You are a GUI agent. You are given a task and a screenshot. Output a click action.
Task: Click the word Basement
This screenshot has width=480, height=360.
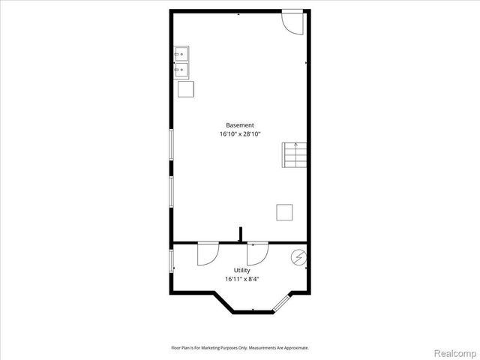[240, 125]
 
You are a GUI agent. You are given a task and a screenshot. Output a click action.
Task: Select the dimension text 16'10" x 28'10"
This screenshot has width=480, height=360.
[240, 133]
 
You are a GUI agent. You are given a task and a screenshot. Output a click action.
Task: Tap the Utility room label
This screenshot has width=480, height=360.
[241, 271]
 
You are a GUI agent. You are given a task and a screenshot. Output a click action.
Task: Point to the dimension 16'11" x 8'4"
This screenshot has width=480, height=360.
[241, 279]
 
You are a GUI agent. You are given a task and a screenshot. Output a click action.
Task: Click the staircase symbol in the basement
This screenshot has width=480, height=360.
[295, 154]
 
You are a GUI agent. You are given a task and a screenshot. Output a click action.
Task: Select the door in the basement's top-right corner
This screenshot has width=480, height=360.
[292, 22]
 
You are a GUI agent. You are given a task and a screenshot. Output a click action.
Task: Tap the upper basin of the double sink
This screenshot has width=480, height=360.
[181, 55]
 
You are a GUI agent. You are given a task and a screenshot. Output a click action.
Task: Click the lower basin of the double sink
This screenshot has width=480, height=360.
[181, 70]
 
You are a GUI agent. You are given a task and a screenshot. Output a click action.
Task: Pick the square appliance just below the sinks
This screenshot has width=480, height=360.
[186, 88]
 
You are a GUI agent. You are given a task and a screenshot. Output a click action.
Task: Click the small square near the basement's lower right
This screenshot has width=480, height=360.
[284, 212]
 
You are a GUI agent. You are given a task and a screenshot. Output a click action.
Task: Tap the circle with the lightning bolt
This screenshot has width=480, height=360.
[299, 257]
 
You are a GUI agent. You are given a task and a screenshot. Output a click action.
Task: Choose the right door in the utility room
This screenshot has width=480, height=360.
[257, 254]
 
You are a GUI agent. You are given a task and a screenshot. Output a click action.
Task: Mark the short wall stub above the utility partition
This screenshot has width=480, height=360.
[240, 235]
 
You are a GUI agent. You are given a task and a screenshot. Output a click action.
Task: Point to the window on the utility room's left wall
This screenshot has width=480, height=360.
[171, 261]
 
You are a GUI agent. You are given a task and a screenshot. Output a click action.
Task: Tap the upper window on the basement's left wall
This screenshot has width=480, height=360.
[171, 147]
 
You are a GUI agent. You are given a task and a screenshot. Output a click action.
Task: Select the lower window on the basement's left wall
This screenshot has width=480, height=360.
[171, 192]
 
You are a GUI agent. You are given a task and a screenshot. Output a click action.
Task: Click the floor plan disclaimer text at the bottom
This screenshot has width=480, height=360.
[240, 348]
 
